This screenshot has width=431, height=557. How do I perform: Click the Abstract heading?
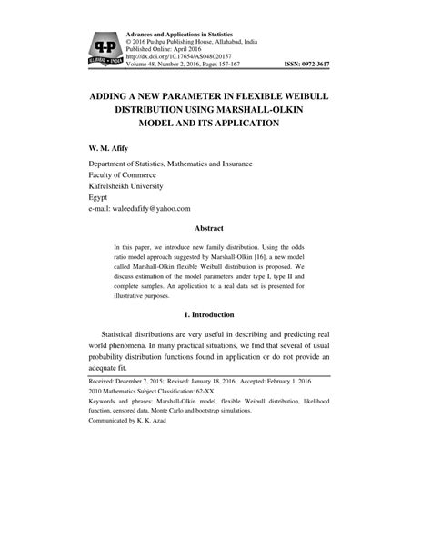[x=215, y=229]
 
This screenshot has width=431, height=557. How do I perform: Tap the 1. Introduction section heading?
[x=215, y=313]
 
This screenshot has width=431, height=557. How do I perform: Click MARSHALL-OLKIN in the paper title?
[x=292, y=107]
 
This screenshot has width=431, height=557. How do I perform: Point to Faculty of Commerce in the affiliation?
[x=132, y=169]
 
